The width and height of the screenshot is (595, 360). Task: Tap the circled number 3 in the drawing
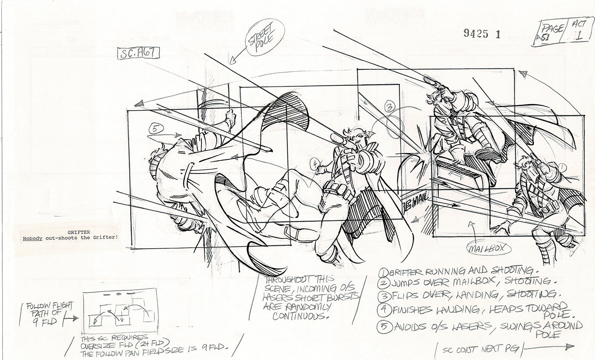pyautogui.click(x=391, y=108)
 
